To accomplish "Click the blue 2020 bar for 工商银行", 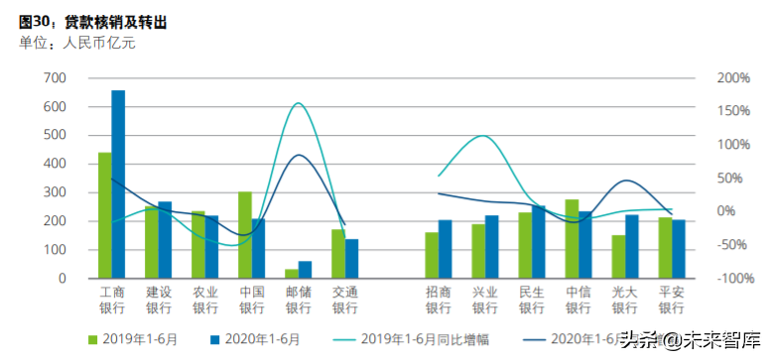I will point(118,184).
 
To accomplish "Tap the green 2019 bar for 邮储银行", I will point(291,273).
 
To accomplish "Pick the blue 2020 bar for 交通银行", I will point(351,258).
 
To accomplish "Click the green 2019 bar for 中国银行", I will point(244,235).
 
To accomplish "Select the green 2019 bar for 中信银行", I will point(572,238).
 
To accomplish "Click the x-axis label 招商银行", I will point(438,300).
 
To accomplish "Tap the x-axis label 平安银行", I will point(672,300).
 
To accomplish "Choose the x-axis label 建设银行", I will point(159,300).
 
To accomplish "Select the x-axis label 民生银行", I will point(531,300).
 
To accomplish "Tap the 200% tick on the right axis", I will point(734,78).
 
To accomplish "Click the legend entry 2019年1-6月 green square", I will point(94,339).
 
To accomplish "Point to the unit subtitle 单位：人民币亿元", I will point(76,42).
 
